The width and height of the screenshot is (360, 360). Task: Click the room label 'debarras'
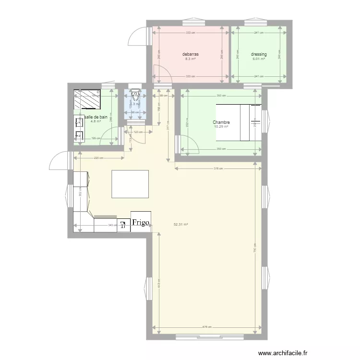coord(191,54)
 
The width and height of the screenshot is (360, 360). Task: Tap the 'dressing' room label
coord(259,54)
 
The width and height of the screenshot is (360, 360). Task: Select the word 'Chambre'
coord(221,122)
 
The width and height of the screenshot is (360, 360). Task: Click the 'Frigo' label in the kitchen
coord(141,223)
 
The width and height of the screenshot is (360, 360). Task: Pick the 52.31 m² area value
coord(180,224)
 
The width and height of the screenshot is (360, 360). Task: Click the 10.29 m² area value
coord(221,127)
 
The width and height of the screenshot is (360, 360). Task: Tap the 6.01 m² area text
coord(259,59)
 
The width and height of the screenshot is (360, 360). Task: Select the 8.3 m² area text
coord(191,59)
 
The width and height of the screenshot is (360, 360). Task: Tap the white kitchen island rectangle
coord(130,184)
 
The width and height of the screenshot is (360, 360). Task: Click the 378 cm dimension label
coord(218,168)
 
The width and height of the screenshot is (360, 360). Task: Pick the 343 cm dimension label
coord(111,225)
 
